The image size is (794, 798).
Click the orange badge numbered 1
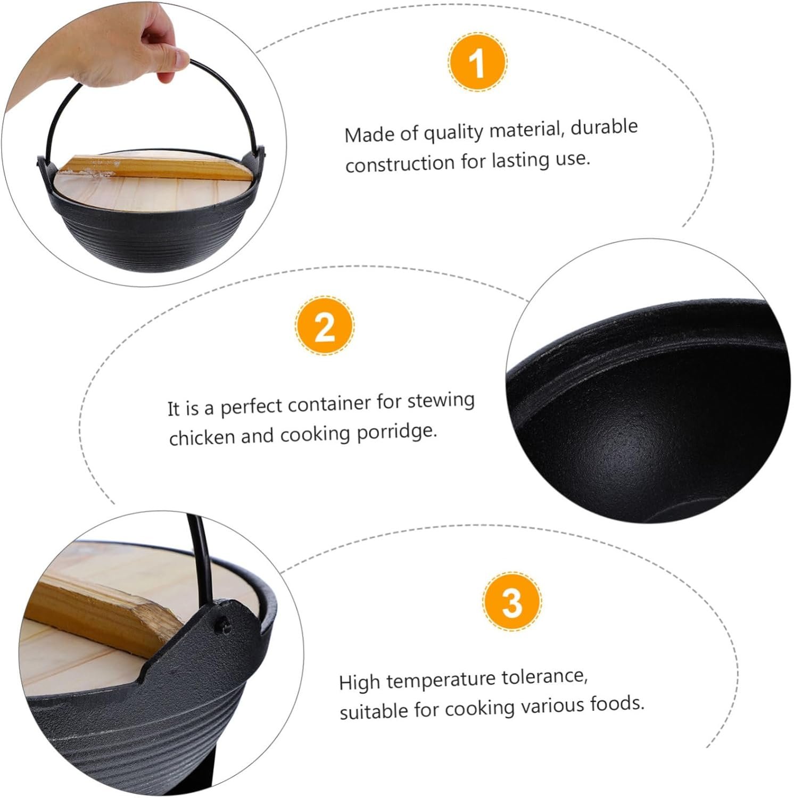click(477, 62)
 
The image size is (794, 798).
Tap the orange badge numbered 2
click(325, 325)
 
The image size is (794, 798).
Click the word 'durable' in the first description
click(604, 128)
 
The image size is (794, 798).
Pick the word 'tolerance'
click(544, 677)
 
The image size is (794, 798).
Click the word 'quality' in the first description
click(454, 132)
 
